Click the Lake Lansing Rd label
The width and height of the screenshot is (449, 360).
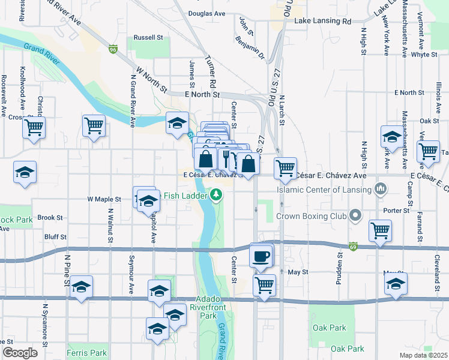coord(322,21)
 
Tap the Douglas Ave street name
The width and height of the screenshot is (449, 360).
coord(206,13)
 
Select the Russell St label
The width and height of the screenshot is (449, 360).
coord(148,37)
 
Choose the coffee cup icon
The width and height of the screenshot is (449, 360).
coord(261,256)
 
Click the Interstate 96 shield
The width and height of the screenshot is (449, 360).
coord(113,49)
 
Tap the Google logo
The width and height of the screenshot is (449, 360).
coord(20,353)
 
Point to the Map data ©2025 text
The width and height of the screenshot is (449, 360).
coord(423,355)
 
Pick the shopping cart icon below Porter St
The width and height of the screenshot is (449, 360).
coord(380,230)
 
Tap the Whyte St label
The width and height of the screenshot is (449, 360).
coord(424,54)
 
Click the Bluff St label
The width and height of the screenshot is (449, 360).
coord(54,237)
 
